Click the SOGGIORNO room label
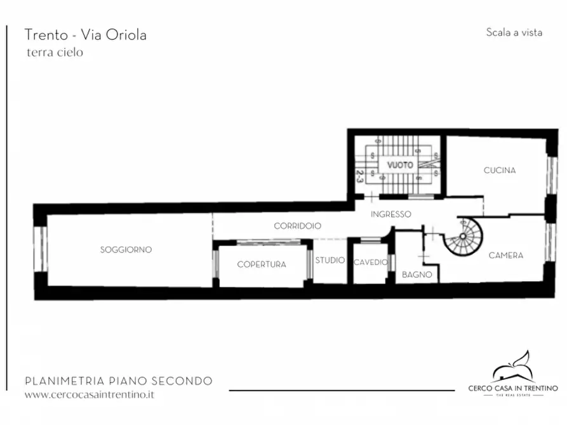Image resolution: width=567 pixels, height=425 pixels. pyautogui.click(x=126, y=250)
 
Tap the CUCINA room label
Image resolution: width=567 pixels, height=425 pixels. pyautogui.click(x=499, y=171)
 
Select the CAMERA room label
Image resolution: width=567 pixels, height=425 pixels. pyautogui.click(x=505, y=256)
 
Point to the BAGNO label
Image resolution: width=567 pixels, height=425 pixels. pyautogui.click(x=417, y=275)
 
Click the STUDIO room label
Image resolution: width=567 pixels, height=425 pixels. pyautogui.click(x=330, y=261)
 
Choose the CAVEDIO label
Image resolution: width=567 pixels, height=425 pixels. pyautogui.click(x=370, y=263)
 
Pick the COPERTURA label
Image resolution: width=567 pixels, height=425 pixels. pyautogui.click(x=261, y=265)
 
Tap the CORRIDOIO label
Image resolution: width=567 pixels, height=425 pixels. pyautogui.click(x=297, y=226)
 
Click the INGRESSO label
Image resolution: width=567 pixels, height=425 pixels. pyautogui.click(x=390, y=214)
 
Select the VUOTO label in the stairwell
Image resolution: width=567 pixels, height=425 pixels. pyautogui.click(x=401, y=165)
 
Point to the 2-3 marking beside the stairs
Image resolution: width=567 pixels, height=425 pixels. pyautogui.click(x=359, y=176)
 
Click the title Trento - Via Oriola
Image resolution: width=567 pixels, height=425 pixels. pyautogui.click(x=85, y=35)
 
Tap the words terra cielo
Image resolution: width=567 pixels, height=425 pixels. pyautogui.click(x=55, y=53)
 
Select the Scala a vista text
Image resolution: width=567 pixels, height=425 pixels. pyautogui.click(x=514, y=32)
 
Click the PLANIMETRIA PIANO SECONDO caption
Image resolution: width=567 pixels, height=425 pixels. pyautogui.click(x=118, y=381)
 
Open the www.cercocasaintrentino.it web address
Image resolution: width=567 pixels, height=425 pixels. pyautogui.click(x=89, y=395)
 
